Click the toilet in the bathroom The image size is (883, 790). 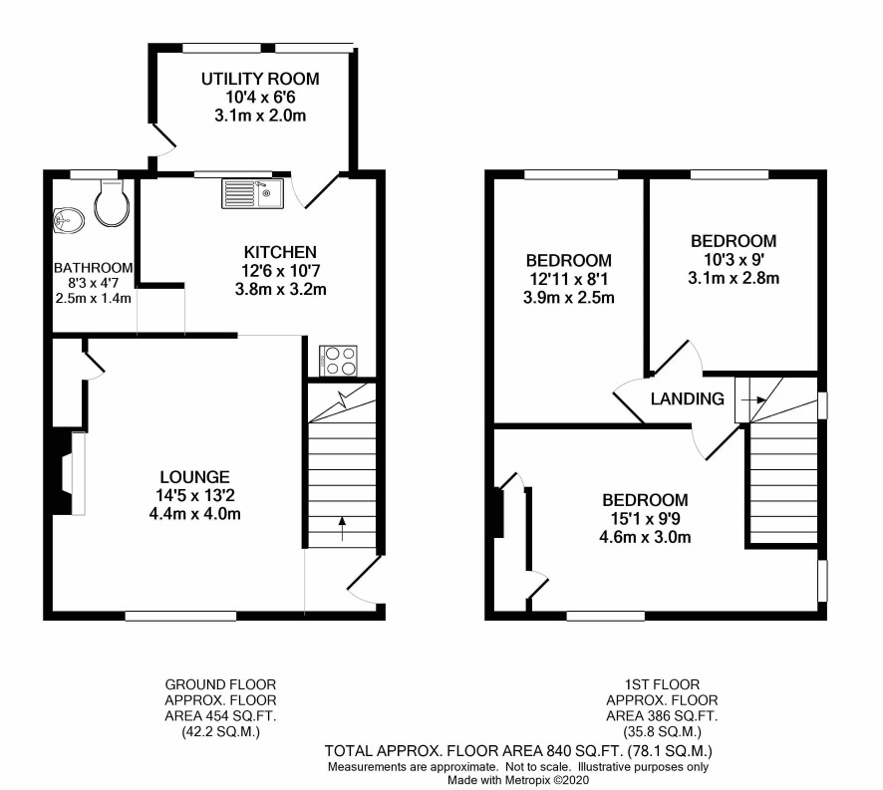[111, 204]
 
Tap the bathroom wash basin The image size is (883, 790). [69, 220]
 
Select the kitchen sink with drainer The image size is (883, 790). [253, 193]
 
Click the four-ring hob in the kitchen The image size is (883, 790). [339, 361]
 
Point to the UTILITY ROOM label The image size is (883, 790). [260, 79]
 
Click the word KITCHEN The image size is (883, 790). [280, 252]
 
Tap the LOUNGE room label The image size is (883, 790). [195, 477]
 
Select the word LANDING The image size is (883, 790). [687, 398]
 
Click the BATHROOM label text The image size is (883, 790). [94, 268]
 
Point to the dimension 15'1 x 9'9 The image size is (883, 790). [645, 519]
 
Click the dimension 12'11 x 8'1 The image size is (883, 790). [569, 279]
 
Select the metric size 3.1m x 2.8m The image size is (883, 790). [734, 278]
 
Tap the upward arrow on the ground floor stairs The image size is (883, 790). [342, 528]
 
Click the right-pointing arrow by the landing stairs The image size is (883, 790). [754, 399]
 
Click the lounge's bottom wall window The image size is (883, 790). [180, 616]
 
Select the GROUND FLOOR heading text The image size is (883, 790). [221, 684]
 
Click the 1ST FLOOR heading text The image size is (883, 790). [662, 684]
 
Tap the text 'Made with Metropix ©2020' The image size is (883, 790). [518, 780]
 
